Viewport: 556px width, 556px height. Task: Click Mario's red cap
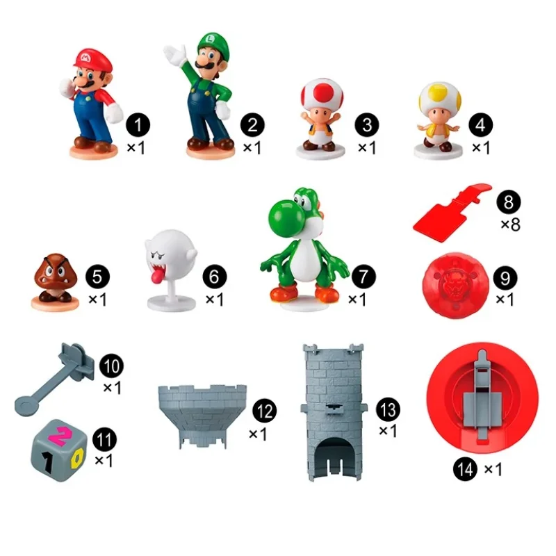pyautogui.click(x=93, y=59)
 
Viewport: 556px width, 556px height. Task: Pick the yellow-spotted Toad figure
pyautogui.click(x=439, y=120)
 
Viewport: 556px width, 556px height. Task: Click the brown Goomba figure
pyautogui.click(x=55, y=282)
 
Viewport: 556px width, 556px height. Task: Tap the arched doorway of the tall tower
pyautogui.click(x=334, y=457)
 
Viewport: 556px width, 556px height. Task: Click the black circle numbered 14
pyautogui.click(x=465, y=470)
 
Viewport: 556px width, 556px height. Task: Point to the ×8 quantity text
pyautogui.click(x=511, y=224)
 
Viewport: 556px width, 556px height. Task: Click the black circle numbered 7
pyautogui.click(x=363, y=277)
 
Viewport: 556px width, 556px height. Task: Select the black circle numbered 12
pyautogui.click(x=264, y=411)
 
